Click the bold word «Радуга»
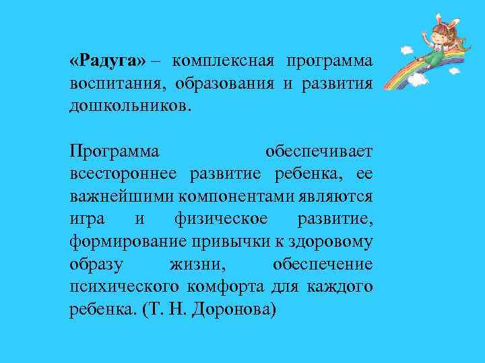point(107,61)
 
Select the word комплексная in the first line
point(222,61)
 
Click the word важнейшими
point(122,197)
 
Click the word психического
point(125,287)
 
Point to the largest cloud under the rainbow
point(417,79)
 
